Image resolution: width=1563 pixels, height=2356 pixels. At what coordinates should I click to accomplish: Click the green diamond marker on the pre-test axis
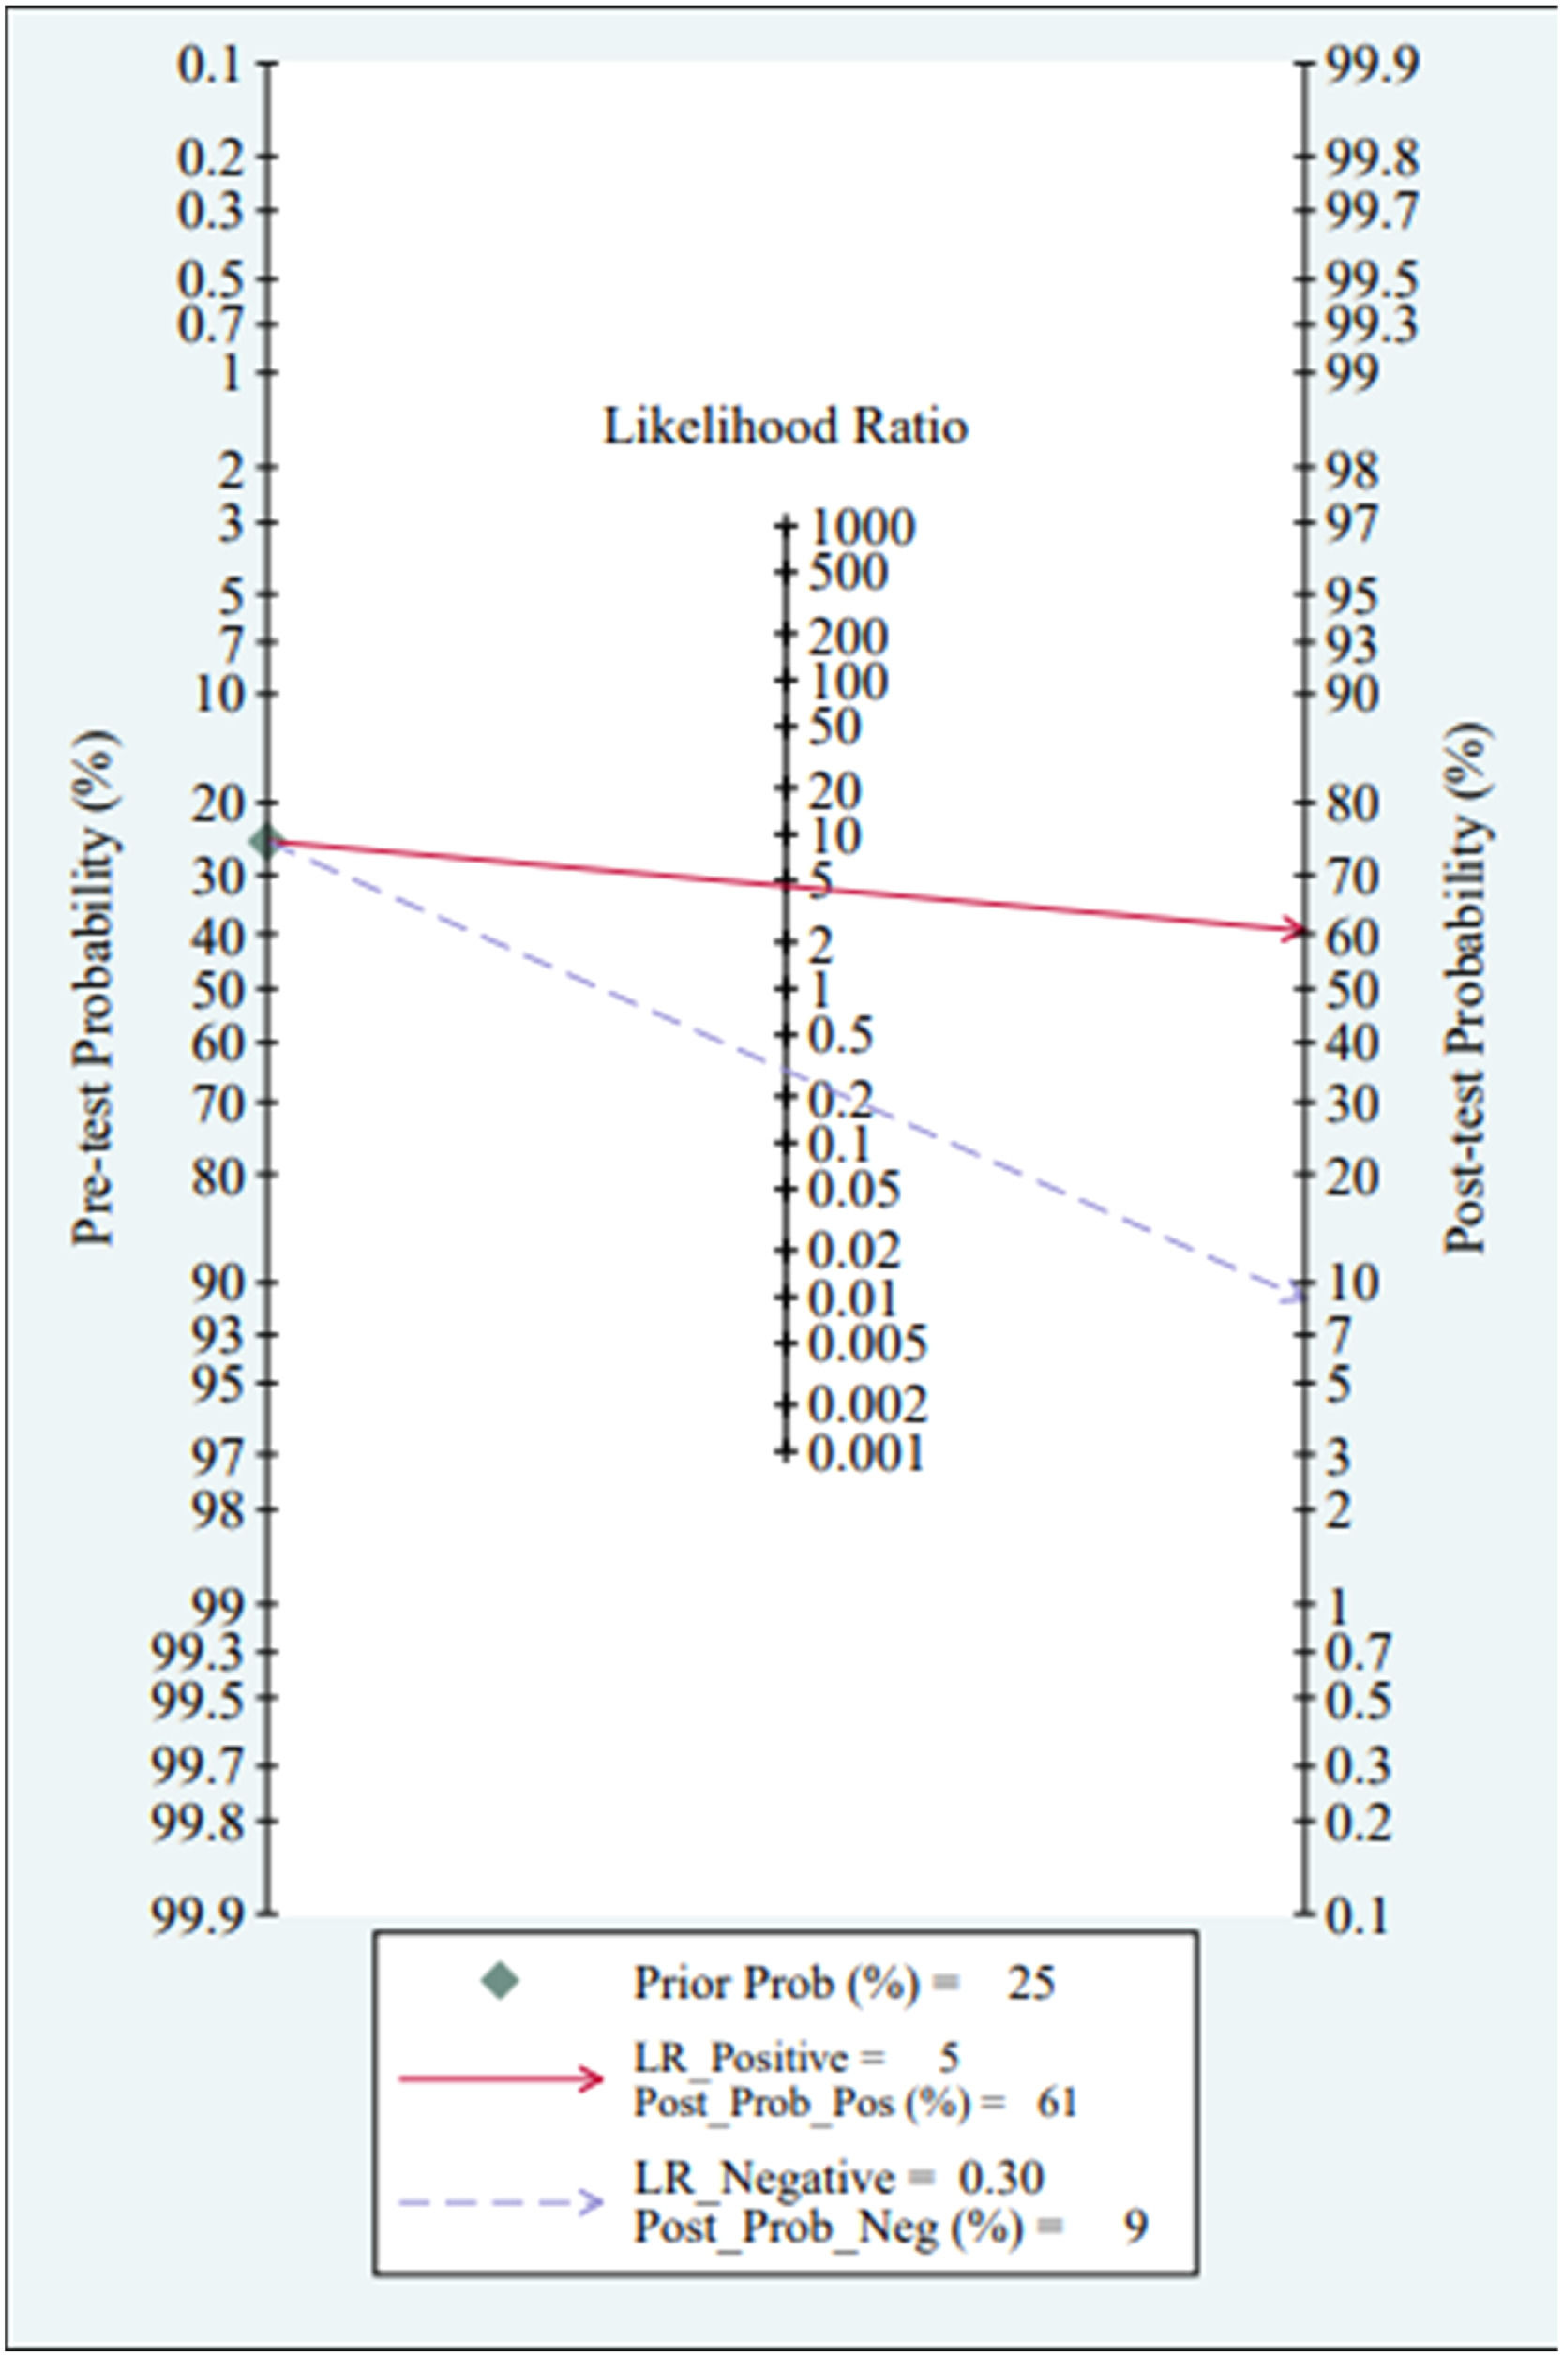(x=266, y=842)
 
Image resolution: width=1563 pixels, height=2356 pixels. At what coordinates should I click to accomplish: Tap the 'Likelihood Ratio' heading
(x=786, y=428)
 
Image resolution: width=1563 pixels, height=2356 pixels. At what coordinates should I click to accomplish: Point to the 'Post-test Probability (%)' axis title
(x=1468, y=986)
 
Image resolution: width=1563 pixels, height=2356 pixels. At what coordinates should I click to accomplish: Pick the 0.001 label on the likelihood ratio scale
(x=866, y=1454)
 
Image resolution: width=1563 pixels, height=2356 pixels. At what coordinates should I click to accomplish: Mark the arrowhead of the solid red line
(x=1295, y=930)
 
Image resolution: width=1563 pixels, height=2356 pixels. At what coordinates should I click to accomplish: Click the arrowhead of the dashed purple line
(x=1294, y=1295)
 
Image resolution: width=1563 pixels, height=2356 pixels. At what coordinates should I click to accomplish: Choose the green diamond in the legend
(x=500, y=1981)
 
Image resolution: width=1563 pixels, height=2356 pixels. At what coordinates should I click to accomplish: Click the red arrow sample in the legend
(x=501, y=2078)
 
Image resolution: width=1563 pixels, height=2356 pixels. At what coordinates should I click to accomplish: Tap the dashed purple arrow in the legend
(x=501, y=2203)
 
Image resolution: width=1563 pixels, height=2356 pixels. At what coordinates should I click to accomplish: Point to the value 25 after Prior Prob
(x=1030, y=1983)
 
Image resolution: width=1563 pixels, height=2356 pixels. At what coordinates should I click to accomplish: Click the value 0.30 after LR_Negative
(x=1000, y=2178)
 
